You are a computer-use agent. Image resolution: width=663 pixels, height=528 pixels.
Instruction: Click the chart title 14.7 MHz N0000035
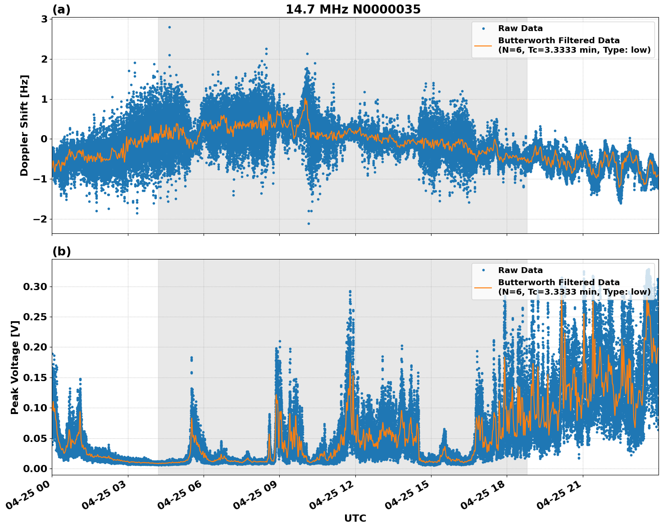(353, 9)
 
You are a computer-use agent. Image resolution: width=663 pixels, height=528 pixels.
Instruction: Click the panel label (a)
(61, 9)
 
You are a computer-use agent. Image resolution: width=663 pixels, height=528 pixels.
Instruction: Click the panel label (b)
(61, 251)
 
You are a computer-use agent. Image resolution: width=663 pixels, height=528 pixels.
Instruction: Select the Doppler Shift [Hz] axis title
(24, 125)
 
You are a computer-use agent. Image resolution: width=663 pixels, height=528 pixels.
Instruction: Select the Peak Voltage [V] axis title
(15, 367)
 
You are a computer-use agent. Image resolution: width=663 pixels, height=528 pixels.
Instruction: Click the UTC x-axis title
(355, 518)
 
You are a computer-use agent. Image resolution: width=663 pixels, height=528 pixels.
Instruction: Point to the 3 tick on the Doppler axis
(44, 19)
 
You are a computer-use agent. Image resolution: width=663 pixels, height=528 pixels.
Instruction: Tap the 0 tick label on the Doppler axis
(44, 139)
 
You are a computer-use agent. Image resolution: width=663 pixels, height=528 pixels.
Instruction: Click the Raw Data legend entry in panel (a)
(520, 28)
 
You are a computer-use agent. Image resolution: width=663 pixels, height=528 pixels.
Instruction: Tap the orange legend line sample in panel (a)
(484, 45)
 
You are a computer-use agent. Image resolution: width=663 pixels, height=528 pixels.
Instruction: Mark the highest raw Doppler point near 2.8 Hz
(169, 27)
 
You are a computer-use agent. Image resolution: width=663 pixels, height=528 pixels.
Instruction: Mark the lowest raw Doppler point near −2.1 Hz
(309, 223)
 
